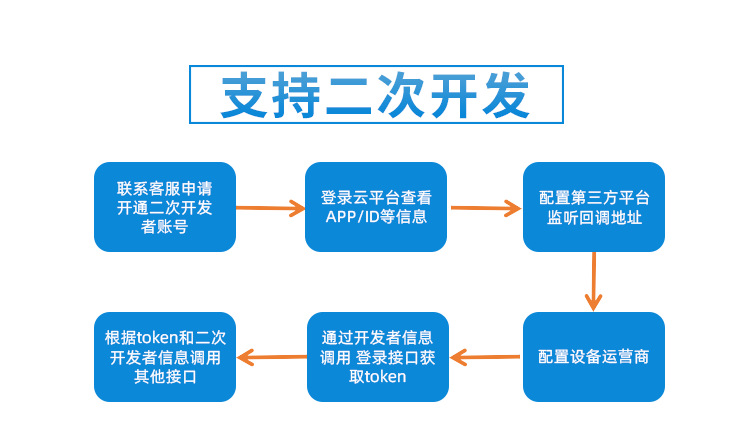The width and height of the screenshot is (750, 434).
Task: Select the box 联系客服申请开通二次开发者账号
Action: (164, 207)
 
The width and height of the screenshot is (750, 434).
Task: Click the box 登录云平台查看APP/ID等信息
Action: (376, 207)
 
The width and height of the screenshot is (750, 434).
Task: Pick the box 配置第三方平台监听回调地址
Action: (594, 207)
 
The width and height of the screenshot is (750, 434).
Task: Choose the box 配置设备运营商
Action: (594, 357)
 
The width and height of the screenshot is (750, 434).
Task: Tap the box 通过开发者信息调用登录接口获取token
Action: (376, 357)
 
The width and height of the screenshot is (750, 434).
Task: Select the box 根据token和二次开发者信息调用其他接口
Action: (164, 357)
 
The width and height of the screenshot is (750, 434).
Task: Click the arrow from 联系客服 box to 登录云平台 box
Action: (270, 208)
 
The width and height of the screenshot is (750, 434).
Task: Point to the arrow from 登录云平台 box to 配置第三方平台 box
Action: (486, 208)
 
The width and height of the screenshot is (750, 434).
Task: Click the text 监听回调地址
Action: (594, 217)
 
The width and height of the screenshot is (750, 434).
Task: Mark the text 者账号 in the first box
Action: (164, 227)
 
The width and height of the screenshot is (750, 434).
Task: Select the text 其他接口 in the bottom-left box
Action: (164, 377)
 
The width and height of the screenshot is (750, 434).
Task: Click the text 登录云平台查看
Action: (376, 197)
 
